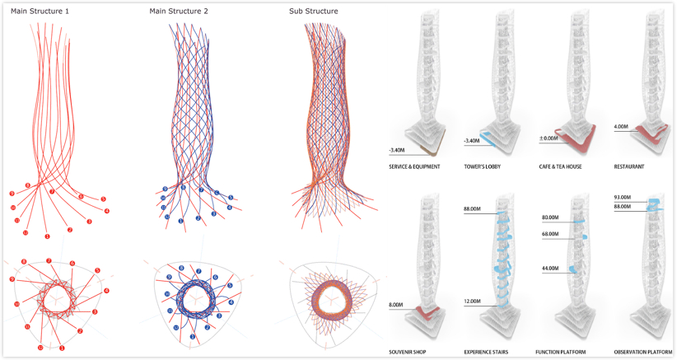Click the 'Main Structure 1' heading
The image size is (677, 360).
[x=40, y=11]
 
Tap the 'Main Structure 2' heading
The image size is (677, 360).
[x=180, y=11]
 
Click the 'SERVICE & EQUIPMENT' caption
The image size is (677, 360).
[x=414, y=167]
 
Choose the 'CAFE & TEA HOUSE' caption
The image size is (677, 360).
[x=560, y=167]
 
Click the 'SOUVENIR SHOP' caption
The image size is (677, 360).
[x=409, y=352]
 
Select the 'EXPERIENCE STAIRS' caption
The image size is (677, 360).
[x=486, y=352]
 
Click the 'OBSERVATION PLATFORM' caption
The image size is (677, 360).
[x=642, y=352]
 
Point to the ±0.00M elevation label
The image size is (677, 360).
[x=549, y=126]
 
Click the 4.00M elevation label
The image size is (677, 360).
[x=622, y=127]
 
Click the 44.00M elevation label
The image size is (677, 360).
[x=550, y=269]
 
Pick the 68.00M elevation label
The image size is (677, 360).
[x=550, y=234]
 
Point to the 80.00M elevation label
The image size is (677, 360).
[x=550, y=218]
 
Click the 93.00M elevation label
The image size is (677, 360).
[x=624, y=197]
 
